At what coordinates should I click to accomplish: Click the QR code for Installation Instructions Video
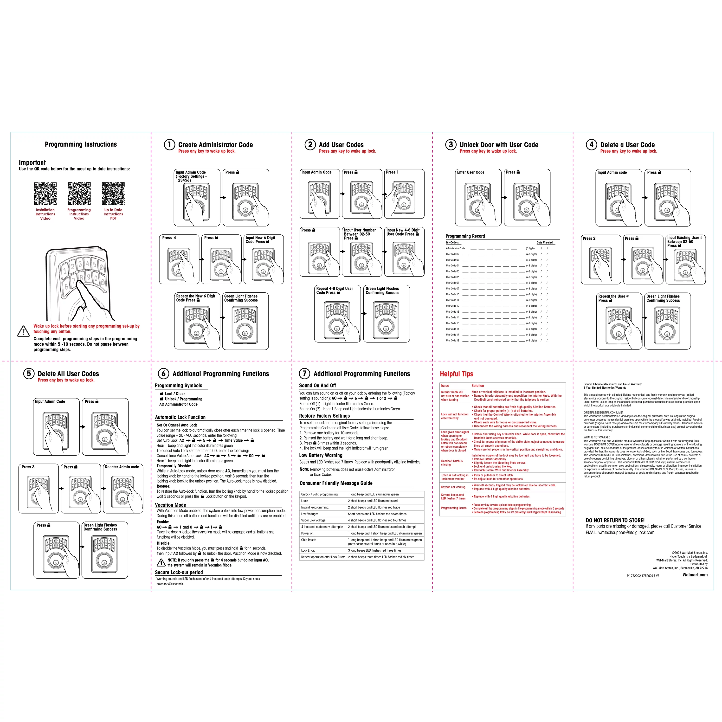tap(45, 193)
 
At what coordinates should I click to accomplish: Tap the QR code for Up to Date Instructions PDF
tap(113, 193)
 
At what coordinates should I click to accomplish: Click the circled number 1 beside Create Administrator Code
tap(169, 145)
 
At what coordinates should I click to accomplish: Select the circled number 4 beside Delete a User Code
tap(591, 145)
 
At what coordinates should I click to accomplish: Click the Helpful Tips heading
tap(456, 374)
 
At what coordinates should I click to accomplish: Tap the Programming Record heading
tap(465, 236)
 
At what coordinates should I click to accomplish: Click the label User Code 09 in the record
tap(452, 289)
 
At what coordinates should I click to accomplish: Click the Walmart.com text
tap(695, 575)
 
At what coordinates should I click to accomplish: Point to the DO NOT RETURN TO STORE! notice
tap(615, 520)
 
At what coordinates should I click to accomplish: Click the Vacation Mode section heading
tap(170, 505)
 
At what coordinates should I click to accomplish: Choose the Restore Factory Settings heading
tap(324, 416)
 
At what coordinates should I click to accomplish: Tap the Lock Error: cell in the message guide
tap(308, 550)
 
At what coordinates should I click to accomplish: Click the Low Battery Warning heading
tap(321, 456)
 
